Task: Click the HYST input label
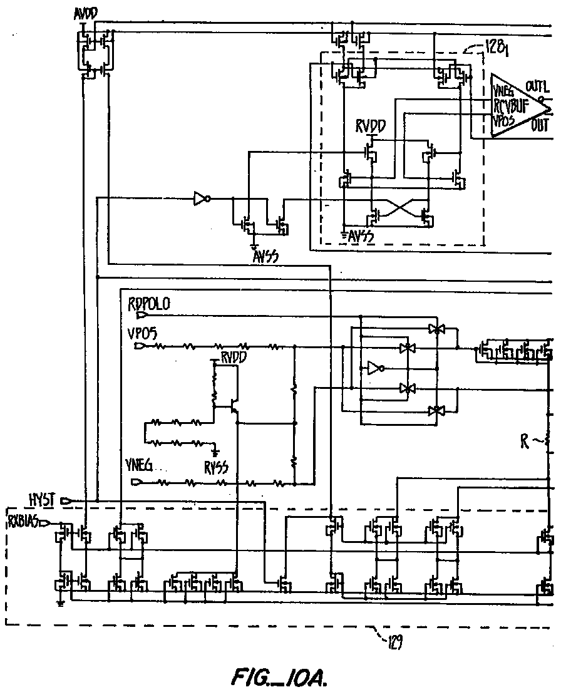coord(43,499)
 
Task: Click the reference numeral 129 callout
coord(393,642)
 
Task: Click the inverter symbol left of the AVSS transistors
coord(200,200)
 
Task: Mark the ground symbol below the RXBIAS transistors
coord(60,604)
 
